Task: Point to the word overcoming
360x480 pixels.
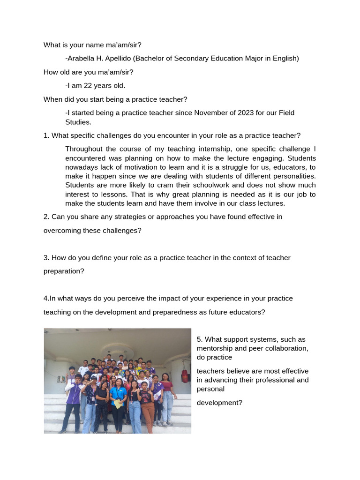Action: [63, 231]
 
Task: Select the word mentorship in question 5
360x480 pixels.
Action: [217, 348]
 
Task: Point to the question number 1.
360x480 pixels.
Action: [46, 135]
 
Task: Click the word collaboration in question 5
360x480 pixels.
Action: [288, 348]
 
